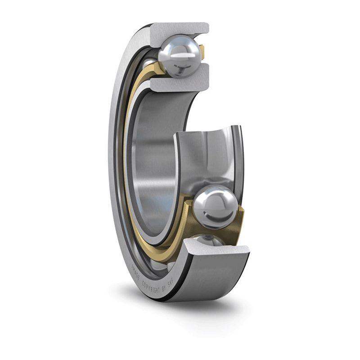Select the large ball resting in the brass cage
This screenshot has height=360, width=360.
click(x=215, y=207)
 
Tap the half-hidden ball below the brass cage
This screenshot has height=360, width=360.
click(x=207, y=240)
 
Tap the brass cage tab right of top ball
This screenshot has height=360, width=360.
click(x=202, y=52)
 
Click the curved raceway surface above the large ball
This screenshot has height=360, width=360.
click(x=209, y=157)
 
